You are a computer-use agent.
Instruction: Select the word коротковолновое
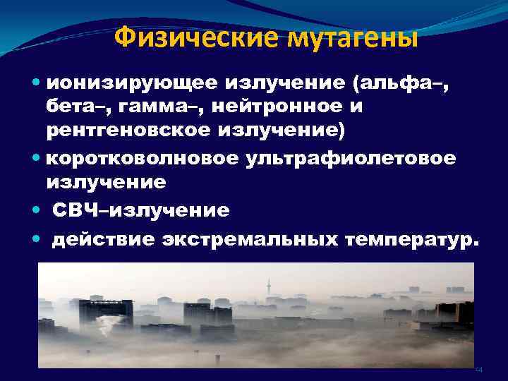(x=142, y=157)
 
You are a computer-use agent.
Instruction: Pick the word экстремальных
(x=250, y=239)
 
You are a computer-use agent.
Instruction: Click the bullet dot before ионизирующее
(x=37, y=83)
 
